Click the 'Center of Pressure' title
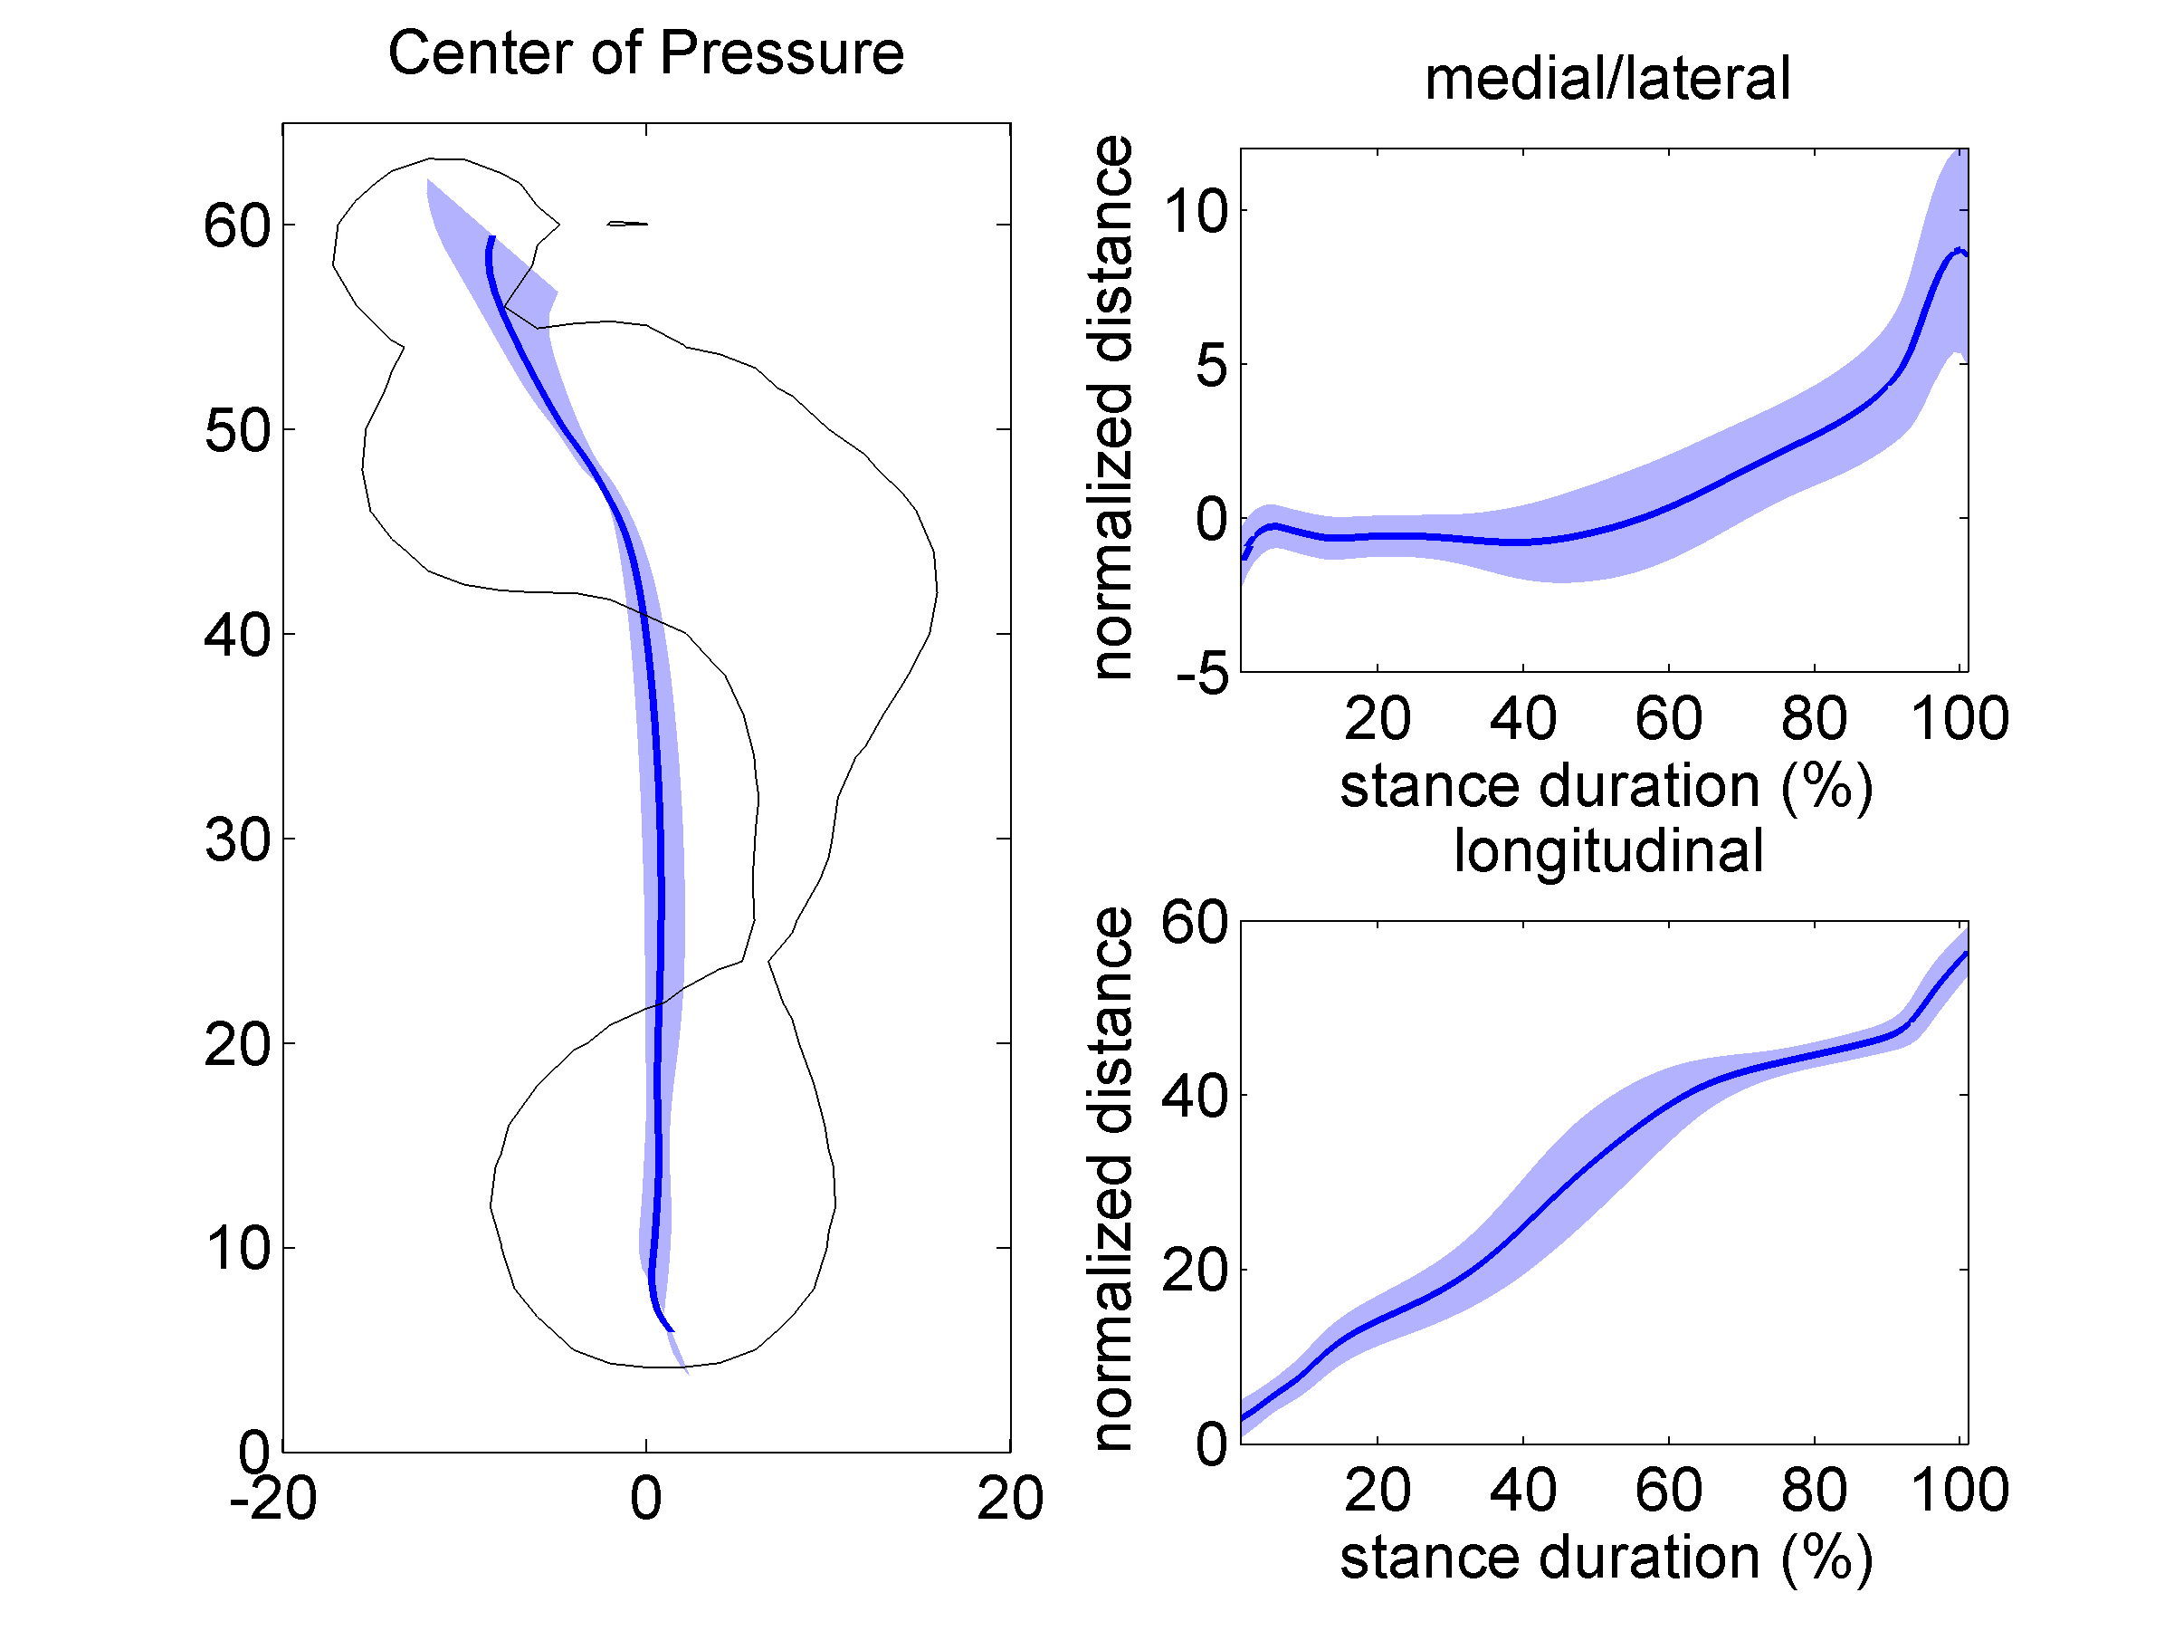[645, 53]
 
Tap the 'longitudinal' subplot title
[1608, 850]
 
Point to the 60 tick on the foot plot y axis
[237, 225]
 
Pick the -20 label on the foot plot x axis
[272, 1498]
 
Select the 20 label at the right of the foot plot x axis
[1009, 1498]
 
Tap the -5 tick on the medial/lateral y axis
[1201, 675]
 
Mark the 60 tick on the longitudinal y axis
[1194, 922]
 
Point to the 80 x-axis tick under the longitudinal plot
[1813, 1490]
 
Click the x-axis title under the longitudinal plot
[1606, 1558]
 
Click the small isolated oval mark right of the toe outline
[627, 223]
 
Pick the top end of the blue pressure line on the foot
[492, 238]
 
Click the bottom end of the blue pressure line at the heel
[672, 1330]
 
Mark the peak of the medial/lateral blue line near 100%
[1959, 250]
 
